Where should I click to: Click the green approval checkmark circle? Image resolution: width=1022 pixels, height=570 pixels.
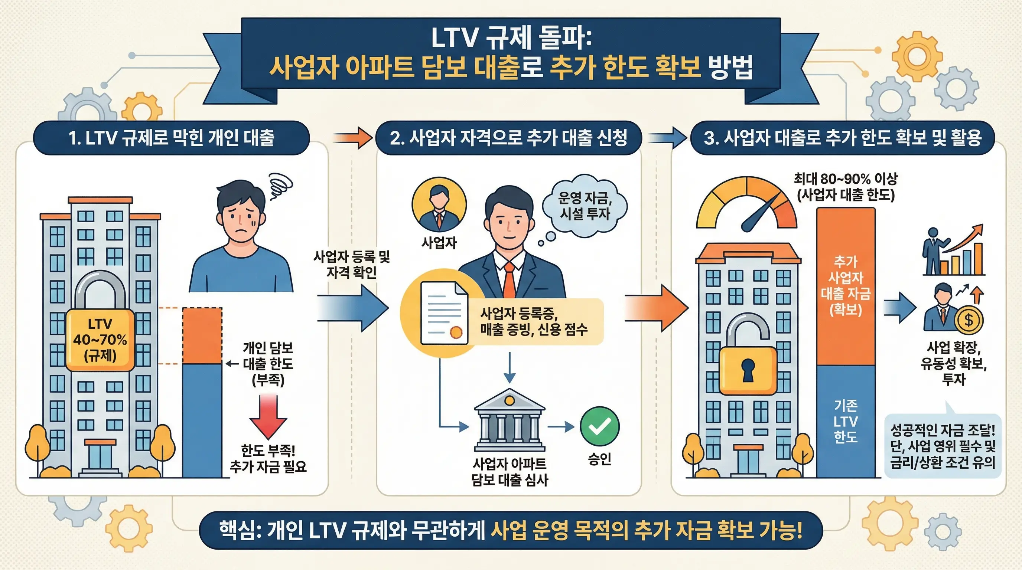click(599, 426)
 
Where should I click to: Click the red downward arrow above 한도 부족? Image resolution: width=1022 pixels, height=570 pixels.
click(268, 416)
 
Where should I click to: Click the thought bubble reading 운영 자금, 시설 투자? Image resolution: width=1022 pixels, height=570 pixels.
click(585, 206)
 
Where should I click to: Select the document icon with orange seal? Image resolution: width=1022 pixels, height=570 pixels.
click(443, 313)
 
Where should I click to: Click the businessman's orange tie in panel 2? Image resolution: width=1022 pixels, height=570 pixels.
click(510, 279)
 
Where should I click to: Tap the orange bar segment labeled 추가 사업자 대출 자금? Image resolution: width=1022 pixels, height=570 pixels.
click(846, 285)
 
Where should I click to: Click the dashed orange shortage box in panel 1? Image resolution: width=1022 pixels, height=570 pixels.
click(202, 335)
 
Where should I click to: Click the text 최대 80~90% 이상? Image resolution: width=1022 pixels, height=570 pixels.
click(846, 179)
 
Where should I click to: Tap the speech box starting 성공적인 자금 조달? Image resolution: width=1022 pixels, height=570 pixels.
click(943, 446)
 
